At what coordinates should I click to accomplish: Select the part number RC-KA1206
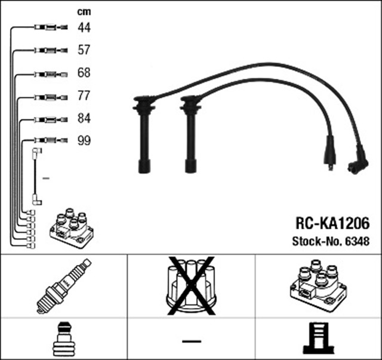pos(332,223)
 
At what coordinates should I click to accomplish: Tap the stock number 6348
pos(357,242)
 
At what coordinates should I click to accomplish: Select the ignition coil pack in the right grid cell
pos(318,285)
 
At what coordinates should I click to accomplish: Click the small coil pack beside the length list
pos(71,230)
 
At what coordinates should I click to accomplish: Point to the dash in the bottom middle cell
pos(191,340)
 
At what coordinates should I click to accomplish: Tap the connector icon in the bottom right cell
pos(318,339)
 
